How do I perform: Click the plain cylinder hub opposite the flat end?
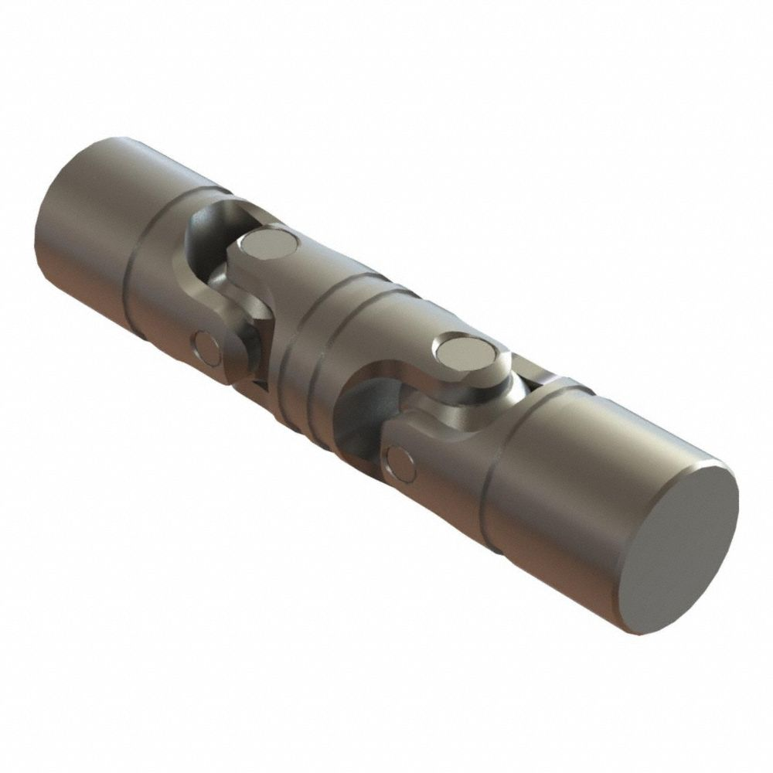point(77,216)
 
